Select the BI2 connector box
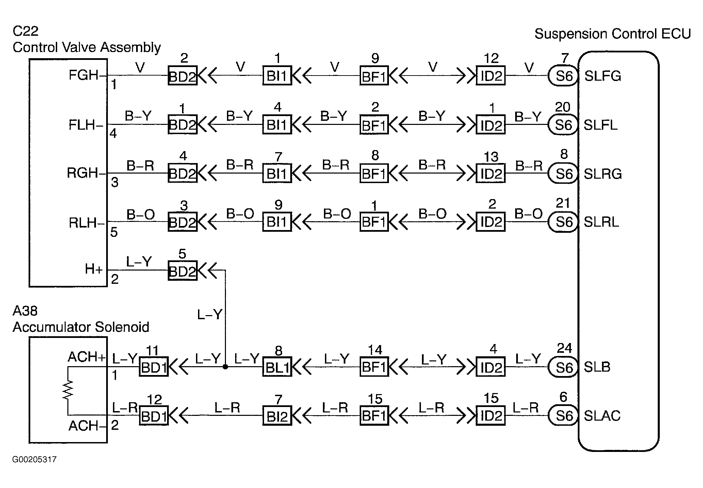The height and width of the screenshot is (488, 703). tap(277, 416)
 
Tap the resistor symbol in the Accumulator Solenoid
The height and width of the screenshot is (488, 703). tap(68, 390)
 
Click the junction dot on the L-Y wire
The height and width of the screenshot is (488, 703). tap(225, 367)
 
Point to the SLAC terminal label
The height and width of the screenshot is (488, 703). tap(602, 416)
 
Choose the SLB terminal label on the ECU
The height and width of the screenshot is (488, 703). tap(597, 367)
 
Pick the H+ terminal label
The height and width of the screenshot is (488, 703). tap(94, 269)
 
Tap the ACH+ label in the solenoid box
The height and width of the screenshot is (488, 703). tap(87, 357)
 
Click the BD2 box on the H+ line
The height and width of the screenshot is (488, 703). tap(183, 271)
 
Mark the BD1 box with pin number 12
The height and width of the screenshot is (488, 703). tap(154, 416)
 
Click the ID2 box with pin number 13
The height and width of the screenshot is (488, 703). tap(491, 174)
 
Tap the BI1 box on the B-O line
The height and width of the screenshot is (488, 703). tap(277, 222)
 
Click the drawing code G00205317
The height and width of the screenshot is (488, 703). tap(34, 460)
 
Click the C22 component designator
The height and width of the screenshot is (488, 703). tap(26, 31)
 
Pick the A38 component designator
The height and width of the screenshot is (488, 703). tap(25, 311)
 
